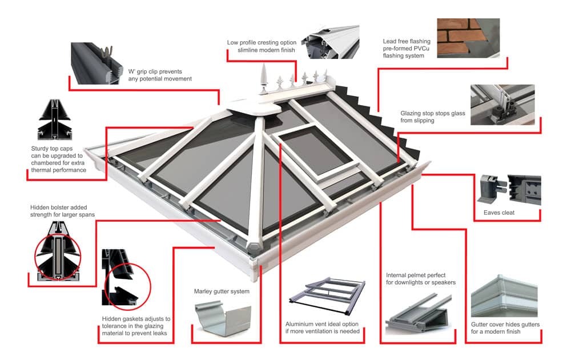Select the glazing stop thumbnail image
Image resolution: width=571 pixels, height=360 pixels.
[502, 105]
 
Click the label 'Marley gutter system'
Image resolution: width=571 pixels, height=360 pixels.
[222, 291]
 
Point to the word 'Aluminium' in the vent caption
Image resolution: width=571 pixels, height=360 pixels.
[301, 325]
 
